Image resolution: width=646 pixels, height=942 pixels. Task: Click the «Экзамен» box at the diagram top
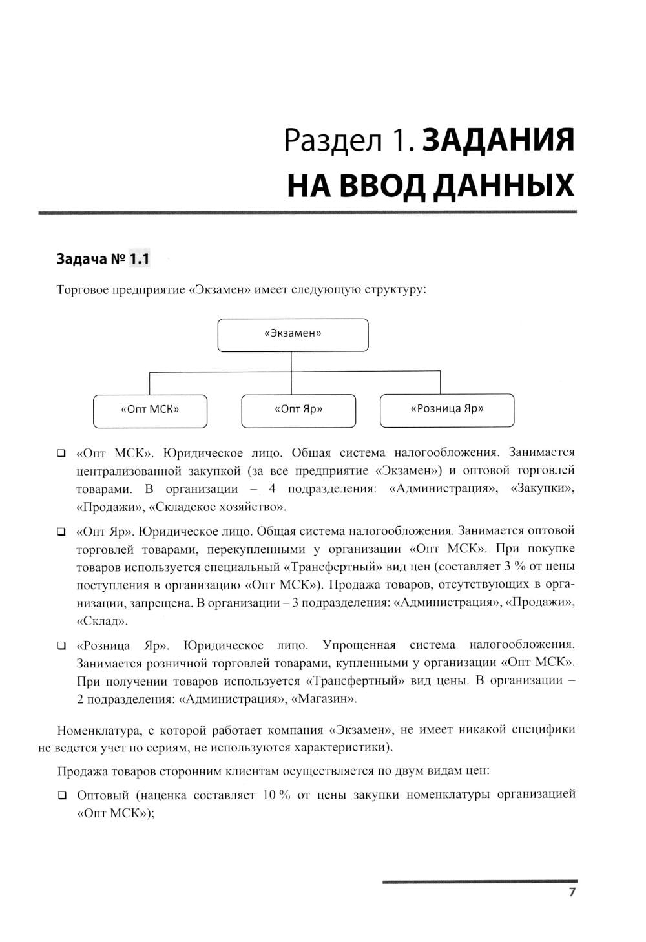click(x=293, y=334)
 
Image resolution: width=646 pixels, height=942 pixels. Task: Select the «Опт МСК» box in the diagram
click(x=150, y=410)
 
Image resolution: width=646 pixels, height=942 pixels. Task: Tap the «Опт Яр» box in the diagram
click(x=298, y=410)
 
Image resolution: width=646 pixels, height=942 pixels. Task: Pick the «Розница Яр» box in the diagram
click(x=446, y=409)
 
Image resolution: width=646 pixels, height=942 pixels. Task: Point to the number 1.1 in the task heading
click(x=140, y=259)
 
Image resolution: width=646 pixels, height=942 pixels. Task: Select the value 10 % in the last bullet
click(x=276, y=795)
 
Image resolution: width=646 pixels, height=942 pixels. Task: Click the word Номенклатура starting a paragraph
click(x=98, y=730)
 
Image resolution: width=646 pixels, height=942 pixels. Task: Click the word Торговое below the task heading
click(x=83, y=289)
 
